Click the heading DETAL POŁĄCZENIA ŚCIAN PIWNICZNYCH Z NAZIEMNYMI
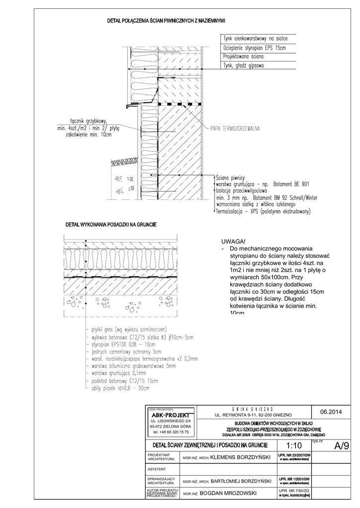166,21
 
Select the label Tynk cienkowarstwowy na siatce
255,38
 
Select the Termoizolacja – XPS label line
263,211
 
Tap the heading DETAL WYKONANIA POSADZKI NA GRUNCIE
111,225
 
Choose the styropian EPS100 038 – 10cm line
122,343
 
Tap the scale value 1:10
294,446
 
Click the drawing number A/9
342,445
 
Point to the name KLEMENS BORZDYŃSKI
240,457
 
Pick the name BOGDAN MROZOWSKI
229,494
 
